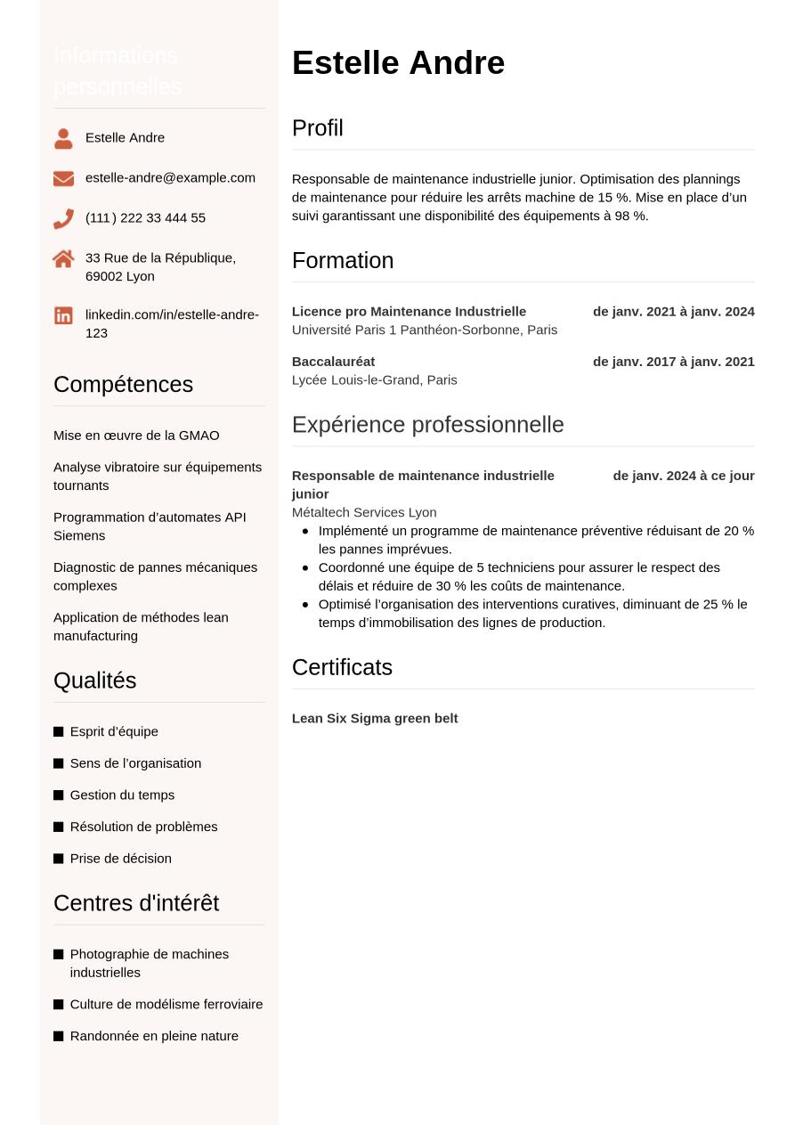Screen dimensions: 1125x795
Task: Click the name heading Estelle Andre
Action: point(398,63)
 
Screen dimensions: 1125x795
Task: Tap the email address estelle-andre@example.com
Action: point(170,177)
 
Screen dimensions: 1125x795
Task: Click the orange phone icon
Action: point(63,218)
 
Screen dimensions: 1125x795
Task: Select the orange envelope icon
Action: point(63,178)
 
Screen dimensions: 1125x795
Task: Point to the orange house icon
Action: point(63,258)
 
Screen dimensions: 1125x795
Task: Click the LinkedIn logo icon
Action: point(63,315)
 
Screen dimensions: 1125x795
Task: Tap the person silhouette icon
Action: point(63,138)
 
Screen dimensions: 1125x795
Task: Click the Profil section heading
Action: point(317,128)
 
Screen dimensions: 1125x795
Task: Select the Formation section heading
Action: point(342,261)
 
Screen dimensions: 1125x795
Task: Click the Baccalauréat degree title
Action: point(333,362)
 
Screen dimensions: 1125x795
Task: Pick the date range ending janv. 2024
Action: point(673,312)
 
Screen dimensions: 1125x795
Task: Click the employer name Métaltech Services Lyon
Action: point(363,512)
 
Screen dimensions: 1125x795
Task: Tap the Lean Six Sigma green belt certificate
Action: point(374,719)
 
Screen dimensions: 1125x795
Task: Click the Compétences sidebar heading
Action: point(123,385)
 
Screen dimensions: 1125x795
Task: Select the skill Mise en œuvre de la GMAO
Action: point(136,436)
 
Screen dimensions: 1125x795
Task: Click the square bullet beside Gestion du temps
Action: point(59,795)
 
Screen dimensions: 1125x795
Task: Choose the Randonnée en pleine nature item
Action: point(154,1036)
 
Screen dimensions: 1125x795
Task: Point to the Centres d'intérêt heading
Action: point(135,903)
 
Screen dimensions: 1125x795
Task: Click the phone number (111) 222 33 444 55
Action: point(145,218)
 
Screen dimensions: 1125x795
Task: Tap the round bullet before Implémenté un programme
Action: point(305,531)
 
